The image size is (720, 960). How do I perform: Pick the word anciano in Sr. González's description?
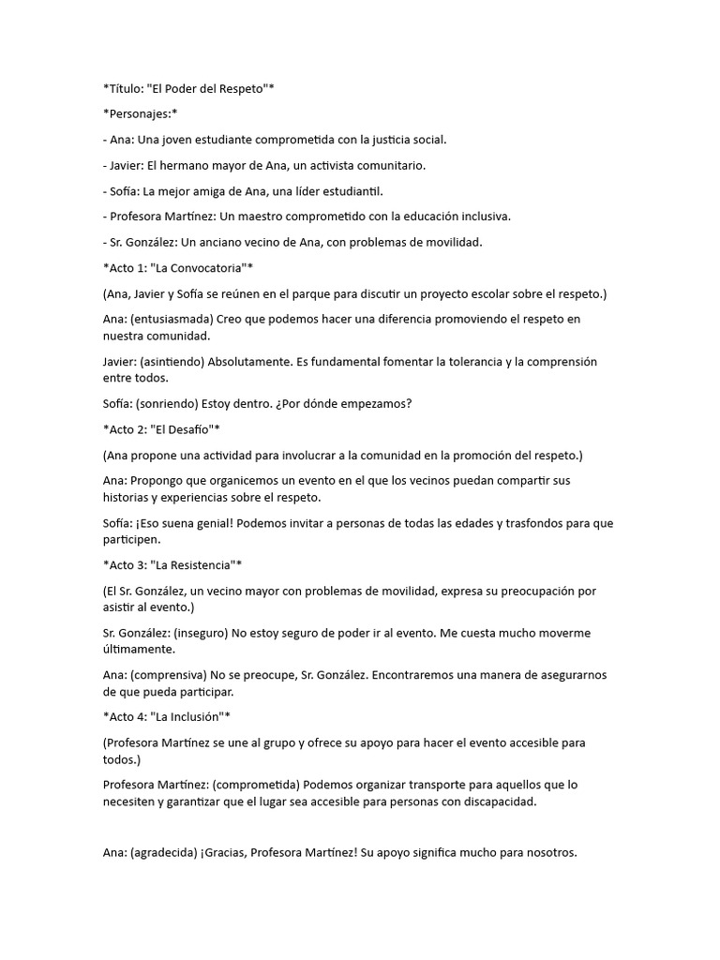(239, 242)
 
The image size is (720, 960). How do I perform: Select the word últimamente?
(141, 649)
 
